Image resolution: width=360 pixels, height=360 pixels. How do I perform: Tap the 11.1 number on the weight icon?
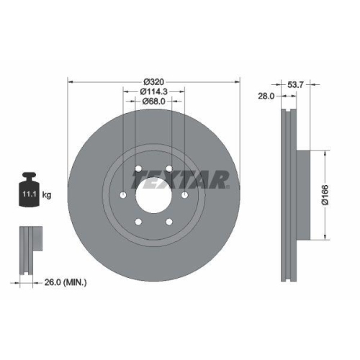[28, 194]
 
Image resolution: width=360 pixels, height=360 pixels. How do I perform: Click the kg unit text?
[46, 194]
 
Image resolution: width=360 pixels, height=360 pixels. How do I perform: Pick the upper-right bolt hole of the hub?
[169, 169]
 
